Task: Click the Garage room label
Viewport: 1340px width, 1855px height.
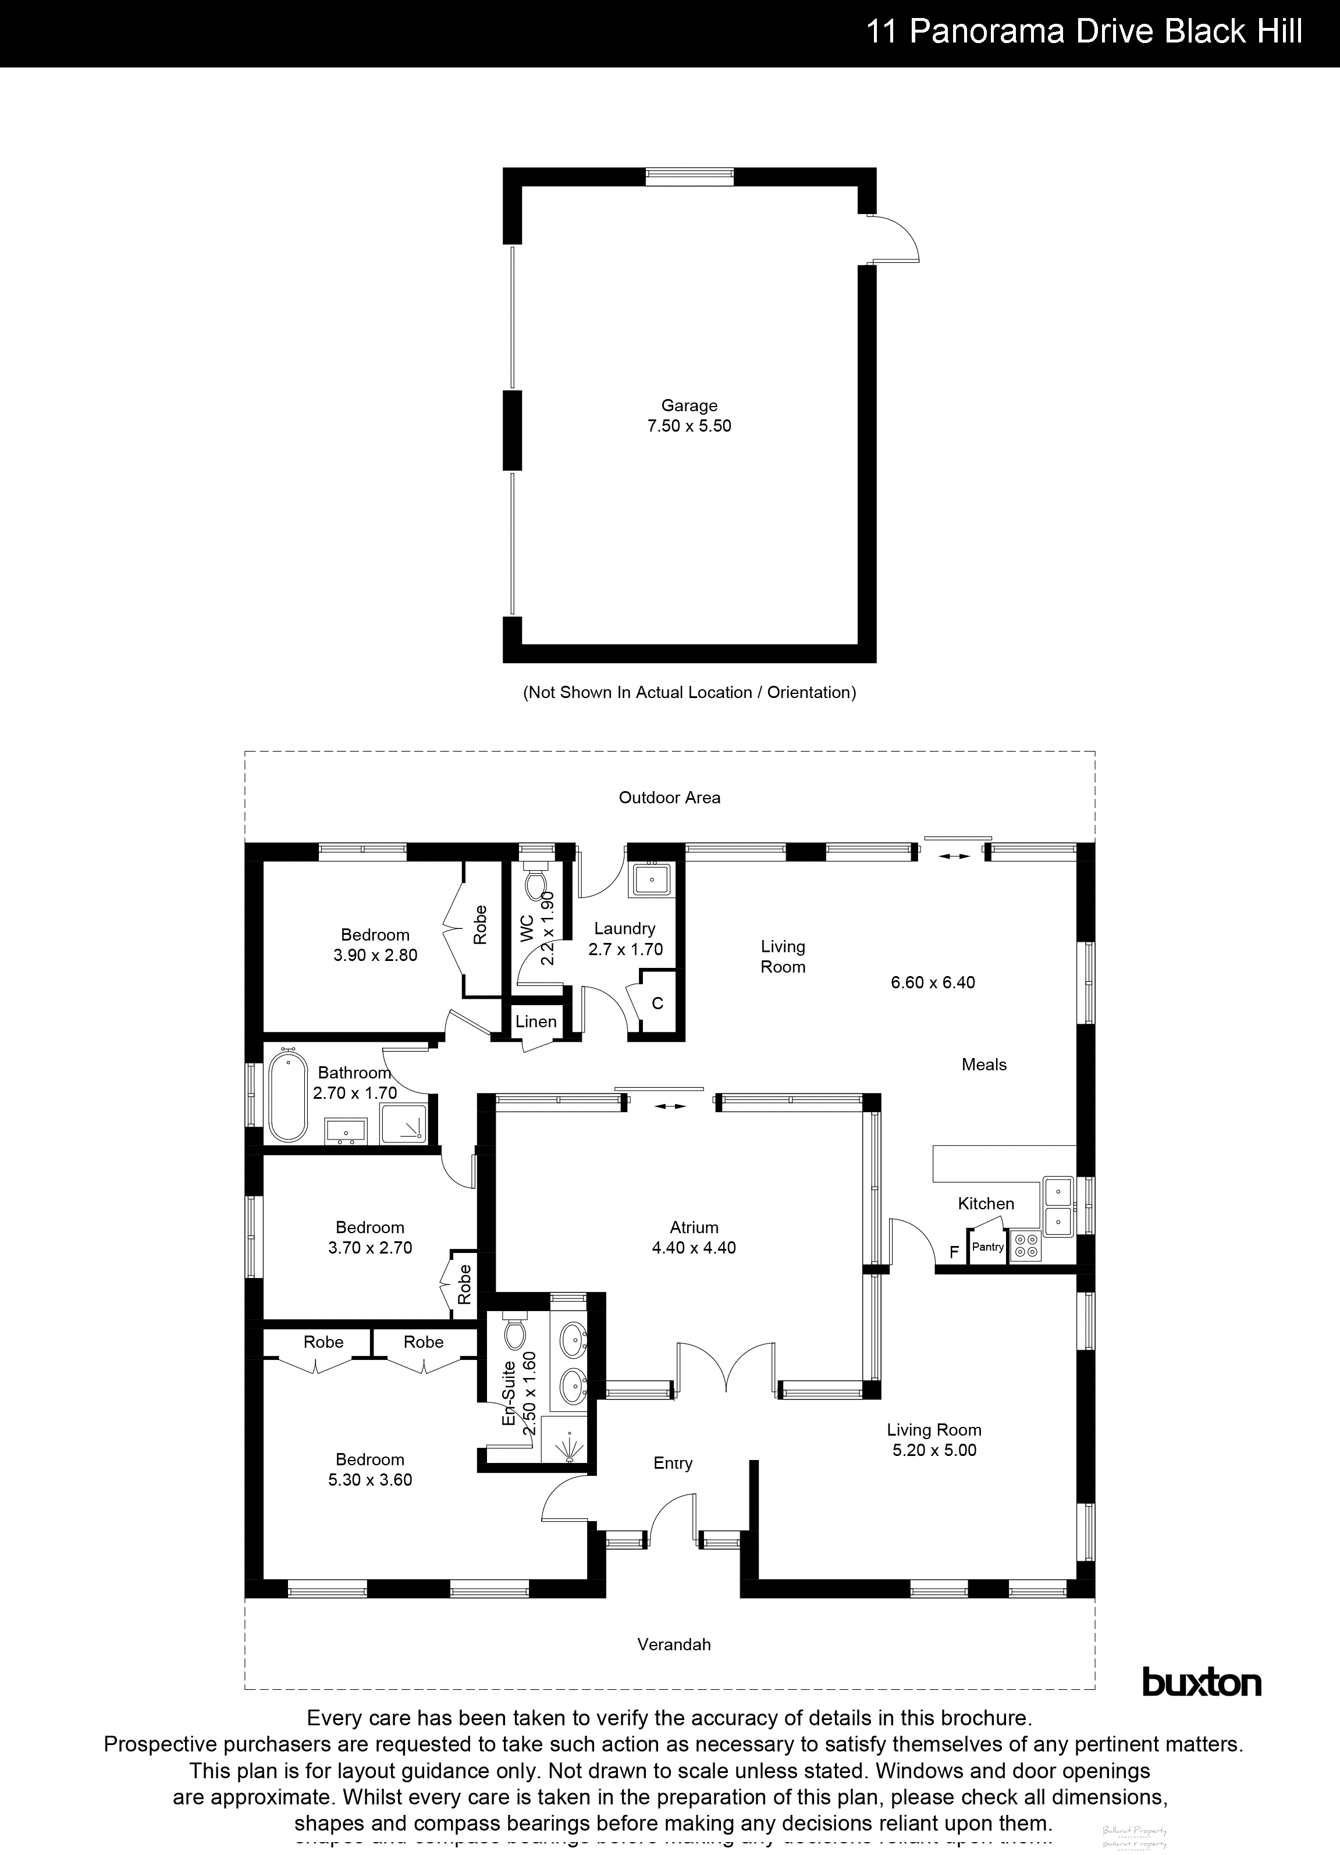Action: coord(689,405)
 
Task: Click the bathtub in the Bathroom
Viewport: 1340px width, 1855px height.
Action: coord(288,1098)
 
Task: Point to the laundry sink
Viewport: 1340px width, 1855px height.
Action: coord(651,880)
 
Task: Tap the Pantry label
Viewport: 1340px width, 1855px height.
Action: coord(987,1247)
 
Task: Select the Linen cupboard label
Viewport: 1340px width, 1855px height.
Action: coord(536,1021)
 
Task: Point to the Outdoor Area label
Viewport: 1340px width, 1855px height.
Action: coord(669,797)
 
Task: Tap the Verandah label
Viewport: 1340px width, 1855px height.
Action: coord(674,1644)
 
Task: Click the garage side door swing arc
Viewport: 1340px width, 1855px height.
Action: coord(900,237)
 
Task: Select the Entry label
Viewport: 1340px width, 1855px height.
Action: coord(673,1463)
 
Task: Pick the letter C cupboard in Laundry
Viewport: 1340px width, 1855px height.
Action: coord(657,1003)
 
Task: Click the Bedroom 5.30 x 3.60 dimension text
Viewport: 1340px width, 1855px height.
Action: coord(370,1480)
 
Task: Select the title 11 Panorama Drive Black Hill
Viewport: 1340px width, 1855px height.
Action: coord(1084,33)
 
